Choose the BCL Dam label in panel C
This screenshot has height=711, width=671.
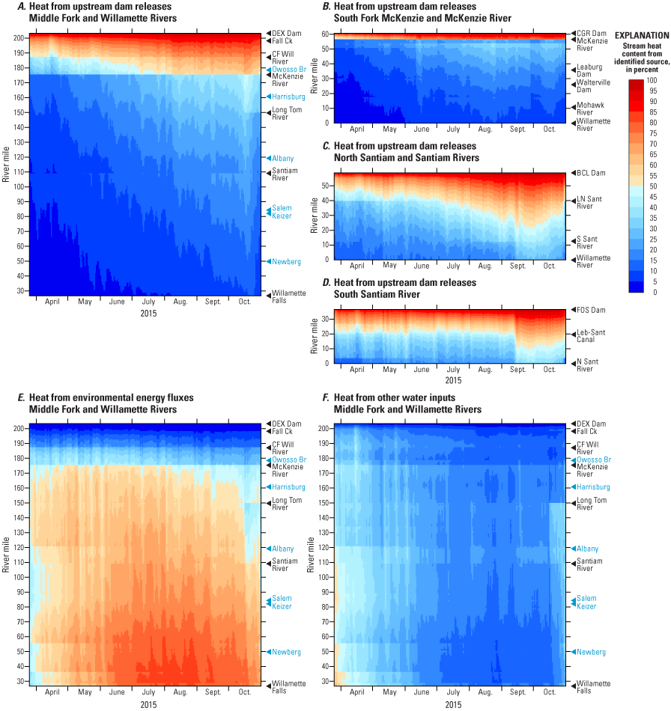tap(588, 173)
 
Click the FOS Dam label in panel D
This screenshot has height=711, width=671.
tap(589, 309)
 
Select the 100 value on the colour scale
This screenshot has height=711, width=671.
tap(652, 80)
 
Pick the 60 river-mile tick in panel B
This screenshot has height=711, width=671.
tap(325, 34)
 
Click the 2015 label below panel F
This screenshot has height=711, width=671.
tap(452, 704)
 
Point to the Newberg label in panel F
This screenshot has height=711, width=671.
tap(590, 652)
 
